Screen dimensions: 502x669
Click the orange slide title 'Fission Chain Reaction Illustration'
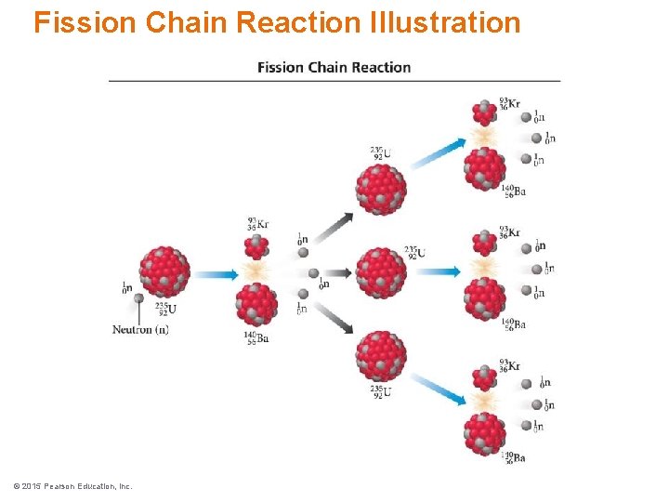pyautogui.click(x=277, y=21)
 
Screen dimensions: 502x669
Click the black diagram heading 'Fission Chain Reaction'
pyautogui.click(x=334, y=67)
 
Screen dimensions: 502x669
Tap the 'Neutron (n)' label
pyautogui.click(x=140, y=329)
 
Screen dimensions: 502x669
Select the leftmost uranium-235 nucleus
pyautogui.click(x=164, y=271)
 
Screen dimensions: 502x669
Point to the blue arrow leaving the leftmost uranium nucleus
pyautogui.click(x=216, y=274)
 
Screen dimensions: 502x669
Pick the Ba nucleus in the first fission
pyautogui.click(x=256, y=303)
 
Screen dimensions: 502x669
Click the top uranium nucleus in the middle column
pyautogui.click(x=381, y=189)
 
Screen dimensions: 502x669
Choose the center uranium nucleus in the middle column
pyautogui.click(x=381, y=271)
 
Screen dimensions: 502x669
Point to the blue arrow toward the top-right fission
pyautogui.click(x=437, y=153)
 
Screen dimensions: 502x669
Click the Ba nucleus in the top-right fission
pyautogui.click(x=485, y=168)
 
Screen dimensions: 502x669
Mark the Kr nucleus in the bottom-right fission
pyautogui.click(x=484, y=377)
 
